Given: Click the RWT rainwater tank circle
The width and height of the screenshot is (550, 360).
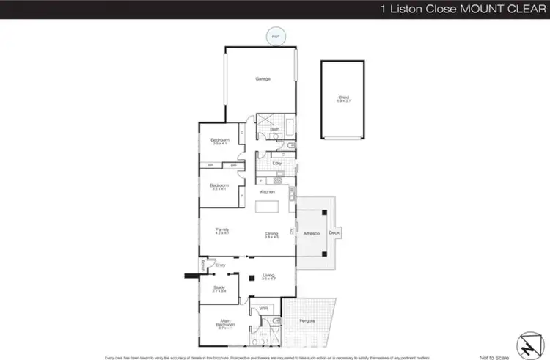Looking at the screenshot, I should [x=276, y=36].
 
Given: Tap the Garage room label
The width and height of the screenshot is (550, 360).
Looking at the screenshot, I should [x=263, y=79].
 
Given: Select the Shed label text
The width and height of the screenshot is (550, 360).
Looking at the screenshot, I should [x=342, y=95].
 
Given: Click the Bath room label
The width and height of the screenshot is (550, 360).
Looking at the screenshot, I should [x=275, y=129].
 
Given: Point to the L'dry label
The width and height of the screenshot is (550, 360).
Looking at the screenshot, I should [x=277, y=162].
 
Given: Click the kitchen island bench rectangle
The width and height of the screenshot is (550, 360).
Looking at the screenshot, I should [x=267, y=209].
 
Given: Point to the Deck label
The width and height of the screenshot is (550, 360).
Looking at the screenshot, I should [x=334, y=234].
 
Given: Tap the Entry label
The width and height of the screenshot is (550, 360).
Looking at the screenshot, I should [x=219, y=265].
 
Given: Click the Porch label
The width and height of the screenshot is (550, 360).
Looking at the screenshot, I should [x=203, y=265].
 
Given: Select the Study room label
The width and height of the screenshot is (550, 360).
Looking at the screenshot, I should [x=219, y=288].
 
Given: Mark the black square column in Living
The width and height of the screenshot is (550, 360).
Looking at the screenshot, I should [x=250, y=278].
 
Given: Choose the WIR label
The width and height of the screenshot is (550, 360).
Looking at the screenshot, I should [x=263, y=309].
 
